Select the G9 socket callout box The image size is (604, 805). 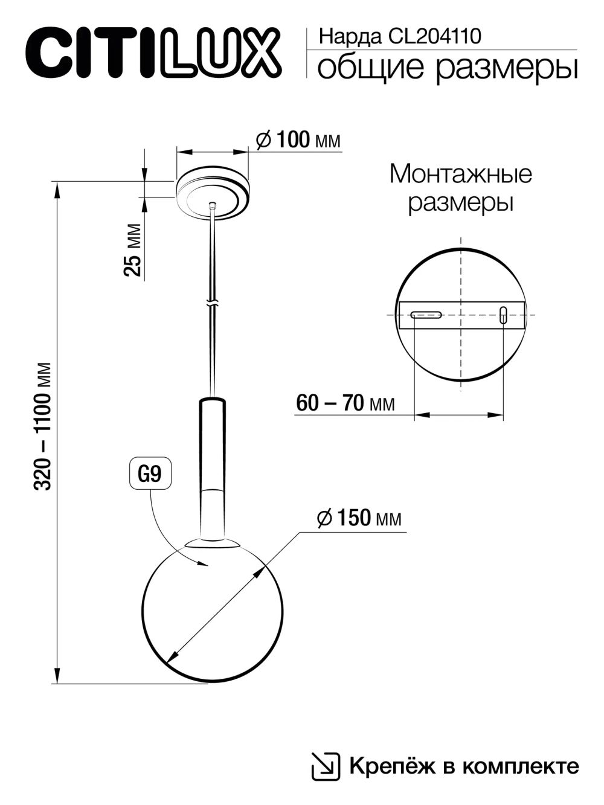(149, 474)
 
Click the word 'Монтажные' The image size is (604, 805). (460, 175)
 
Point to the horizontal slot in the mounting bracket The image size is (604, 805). (427, 315)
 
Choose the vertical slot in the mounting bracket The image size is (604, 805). (503, 315)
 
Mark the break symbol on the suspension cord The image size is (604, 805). (211, 302)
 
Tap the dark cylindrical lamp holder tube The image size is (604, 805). (211, 444)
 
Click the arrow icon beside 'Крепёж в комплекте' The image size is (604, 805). (324, 766)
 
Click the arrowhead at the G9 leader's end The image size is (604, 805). (204, 564)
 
